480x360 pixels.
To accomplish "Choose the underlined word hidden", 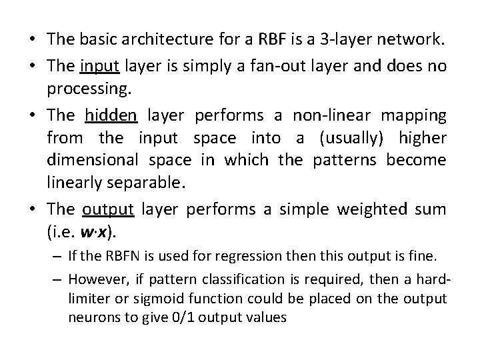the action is [111, 115].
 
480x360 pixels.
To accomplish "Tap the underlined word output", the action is [109, 209].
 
